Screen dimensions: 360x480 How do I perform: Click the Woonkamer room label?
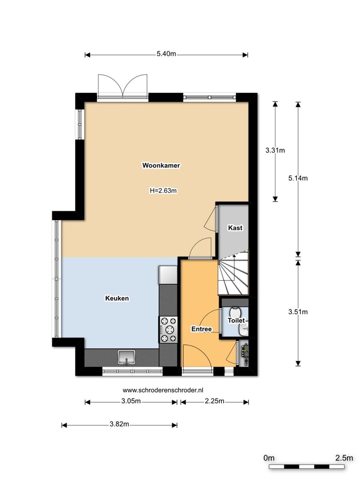point(161,165)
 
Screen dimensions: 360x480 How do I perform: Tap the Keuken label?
point(117,298)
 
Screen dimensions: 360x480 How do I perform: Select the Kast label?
point(235,228)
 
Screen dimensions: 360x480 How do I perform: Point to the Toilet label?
point(236,321)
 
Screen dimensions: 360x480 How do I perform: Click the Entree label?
point(201,329)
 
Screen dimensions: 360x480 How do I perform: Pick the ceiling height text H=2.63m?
point(163,191)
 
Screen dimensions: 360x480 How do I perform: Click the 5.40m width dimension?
point(166,54)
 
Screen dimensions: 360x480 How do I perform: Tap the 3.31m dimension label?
point(275,150)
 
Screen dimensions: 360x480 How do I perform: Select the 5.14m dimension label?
point(298,178)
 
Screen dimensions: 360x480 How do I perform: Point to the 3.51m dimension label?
point(298,312)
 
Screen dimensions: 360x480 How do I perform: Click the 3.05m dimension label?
point(131,401)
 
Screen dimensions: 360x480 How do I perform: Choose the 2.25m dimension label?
point(214,401)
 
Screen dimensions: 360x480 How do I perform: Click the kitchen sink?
point(126,357)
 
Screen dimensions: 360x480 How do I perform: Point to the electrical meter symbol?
point(244,353)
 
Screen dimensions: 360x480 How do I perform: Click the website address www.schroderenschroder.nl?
point(163,390)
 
